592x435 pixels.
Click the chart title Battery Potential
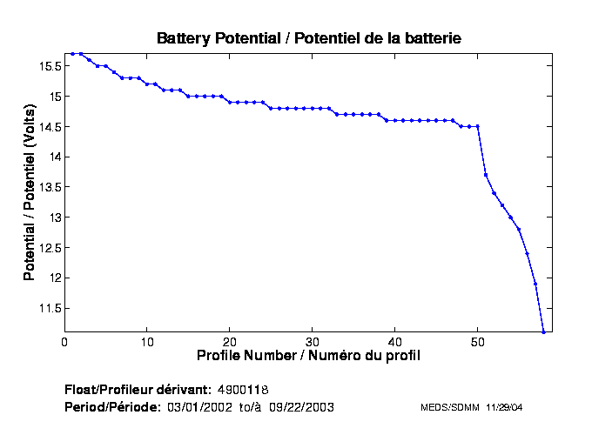308,38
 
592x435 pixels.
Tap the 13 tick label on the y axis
54,217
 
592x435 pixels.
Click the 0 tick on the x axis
65,342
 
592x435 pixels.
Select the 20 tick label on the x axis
230,342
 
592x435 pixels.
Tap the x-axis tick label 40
395,342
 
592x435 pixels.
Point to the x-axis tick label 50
478,342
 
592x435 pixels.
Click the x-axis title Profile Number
308,356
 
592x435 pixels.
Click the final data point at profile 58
543,331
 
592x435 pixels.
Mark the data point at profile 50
477,126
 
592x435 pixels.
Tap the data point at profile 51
486,175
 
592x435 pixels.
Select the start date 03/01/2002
201,407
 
